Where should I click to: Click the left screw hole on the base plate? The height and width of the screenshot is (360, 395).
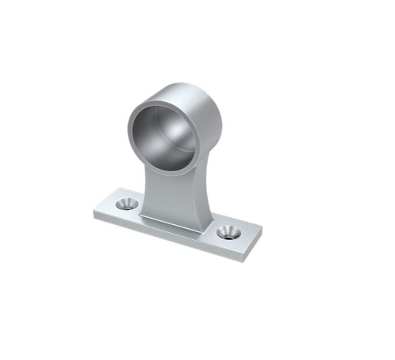[125, 204]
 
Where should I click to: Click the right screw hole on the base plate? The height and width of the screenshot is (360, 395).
[229, 232]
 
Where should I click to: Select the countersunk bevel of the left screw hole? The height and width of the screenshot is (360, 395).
[119, 204]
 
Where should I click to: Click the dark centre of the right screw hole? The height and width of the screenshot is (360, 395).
[230, 233]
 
